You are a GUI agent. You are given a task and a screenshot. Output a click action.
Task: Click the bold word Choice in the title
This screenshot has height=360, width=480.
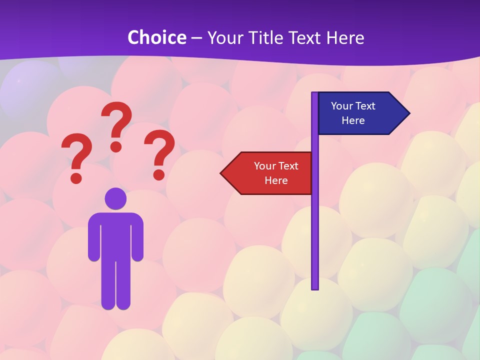(156, 37)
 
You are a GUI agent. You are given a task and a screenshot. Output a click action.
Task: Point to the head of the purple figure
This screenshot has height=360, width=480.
(115, 198)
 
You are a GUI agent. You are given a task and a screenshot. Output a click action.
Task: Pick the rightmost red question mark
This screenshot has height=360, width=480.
(159, 153)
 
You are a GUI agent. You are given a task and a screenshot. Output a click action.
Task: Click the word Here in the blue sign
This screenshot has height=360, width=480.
(353, 120)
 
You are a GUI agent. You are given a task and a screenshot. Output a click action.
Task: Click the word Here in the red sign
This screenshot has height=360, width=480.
(276, 180)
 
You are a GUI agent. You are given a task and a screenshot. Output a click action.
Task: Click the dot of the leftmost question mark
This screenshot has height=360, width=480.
(76, 177)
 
